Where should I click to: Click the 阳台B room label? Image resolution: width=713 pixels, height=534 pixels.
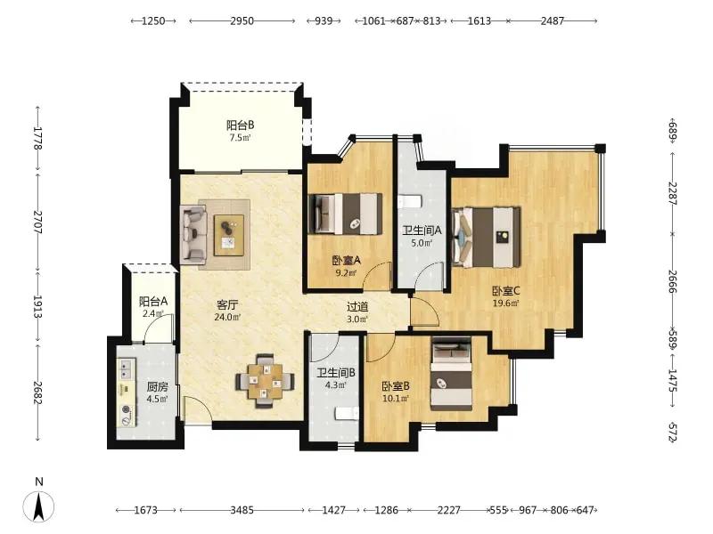(x=240, y=125)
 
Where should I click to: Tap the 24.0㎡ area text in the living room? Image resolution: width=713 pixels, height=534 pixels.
(x=227, y=318)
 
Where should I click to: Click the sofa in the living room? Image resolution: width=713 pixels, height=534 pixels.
(x=193, y=234)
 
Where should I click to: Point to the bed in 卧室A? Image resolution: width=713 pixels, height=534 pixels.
(x=345, y=214)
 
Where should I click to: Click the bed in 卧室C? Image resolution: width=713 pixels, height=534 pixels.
(x=486, y=238)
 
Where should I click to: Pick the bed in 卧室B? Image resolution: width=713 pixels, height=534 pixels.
(x=452, y=374)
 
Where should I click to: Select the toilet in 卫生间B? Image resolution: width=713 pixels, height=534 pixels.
(x=348, y=413)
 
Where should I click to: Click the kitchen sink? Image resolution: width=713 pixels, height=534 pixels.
(x=126, y=368)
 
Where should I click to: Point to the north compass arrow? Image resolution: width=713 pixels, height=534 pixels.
(x=39, y=506)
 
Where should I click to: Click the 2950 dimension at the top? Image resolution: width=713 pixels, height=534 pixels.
(x=242, y=20)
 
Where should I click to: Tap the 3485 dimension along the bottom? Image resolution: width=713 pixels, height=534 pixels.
(x=242, y=510)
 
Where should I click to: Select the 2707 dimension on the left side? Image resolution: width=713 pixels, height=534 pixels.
(x=37, y=222)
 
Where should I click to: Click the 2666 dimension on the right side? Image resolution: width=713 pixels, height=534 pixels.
(x=672, y=282)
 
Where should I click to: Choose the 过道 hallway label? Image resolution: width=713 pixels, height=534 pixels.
(x=357, y=307)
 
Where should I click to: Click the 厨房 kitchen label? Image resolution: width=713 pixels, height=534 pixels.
(x=158, y=387)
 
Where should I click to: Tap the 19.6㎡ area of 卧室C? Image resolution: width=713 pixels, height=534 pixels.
(x=506, y=303)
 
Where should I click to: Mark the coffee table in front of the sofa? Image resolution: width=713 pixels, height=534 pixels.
(x=229, y=235)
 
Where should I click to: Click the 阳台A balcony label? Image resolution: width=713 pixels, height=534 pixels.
(x=153, y=301)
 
